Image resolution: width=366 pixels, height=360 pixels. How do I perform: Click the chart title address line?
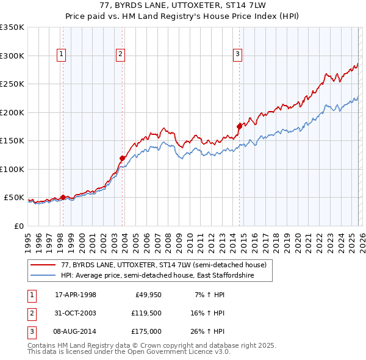[x=183, y=5]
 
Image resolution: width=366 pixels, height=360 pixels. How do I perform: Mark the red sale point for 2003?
[x=123, y=158]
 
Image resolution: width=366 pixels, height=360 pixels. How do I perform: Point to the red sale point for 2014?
[x=239, y=126]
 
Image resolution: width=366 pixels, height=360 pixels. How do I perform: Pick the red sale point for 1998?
[x=63, y=197]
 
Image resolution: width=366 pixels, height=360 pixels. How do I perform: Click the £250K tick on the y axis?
[x=13, y=84]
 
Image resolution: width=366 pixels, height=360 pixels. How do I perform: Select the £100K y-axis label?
[x=13, y=169]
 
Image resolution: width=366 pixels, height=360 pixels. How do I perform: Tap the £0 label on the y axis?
[x=18, y=226]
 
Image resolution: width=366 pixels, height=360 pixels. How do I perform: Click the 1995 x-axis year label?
[x=27, y=239]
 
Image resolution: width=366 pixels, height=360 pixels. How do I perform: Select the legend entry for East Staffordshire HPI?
[x=157, y=276]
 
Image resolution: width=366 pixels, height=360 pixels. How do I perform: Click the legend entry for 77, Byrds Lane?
[x=163, y=265]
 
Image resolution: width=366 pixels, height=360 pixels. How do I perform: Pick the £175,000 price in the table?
[x=146, y=331]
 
